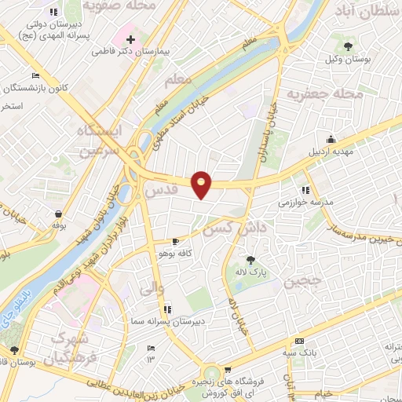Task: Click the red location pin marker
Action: pyautogui.click(x=202, y=184)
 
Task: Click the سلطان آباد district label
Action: pyautogui.click(x=366, y=11)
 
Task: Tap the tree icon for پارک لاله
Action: pyautogui.click(x=250, y=259)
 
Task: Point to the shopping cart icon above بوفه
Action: pyautogui.click(x=59, y=213)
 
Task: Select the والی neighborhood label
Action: pyautogui.click(x=152, y=290)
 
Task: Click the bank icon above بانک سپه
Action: pyautogui.click(x=298, y=342)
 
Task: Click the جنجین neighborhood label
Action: pyautogui.click(x=302, y=280)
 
